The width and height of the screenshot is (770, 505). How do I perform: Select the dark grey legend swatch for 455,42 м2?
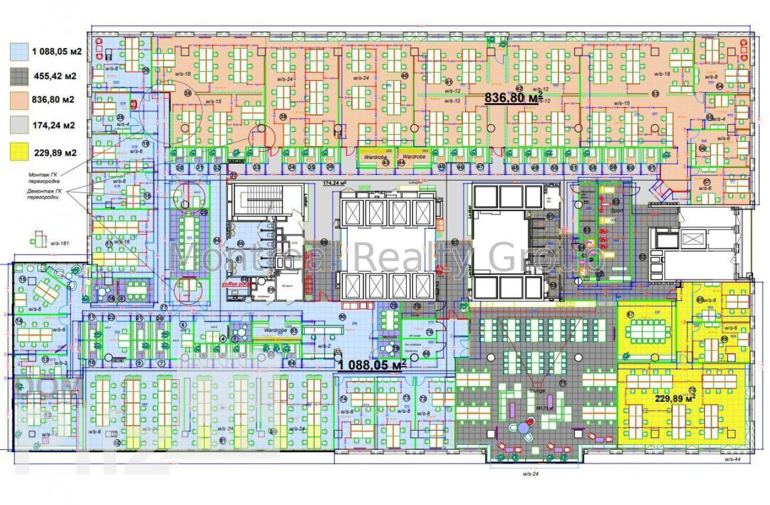19,76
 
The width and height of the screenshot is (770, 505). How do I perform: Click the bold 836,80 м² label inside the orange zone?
513,98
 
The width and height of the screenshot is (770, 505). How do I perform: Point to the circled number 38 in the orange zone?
188,93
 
